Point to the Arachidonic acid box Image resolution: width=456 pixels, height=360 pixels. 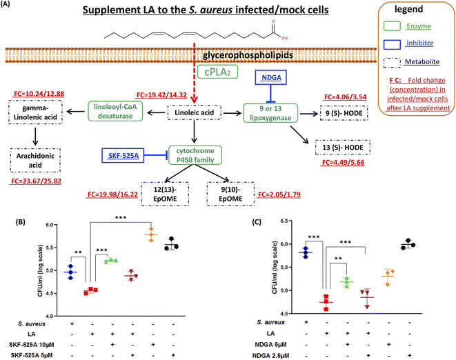(34, 161)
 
